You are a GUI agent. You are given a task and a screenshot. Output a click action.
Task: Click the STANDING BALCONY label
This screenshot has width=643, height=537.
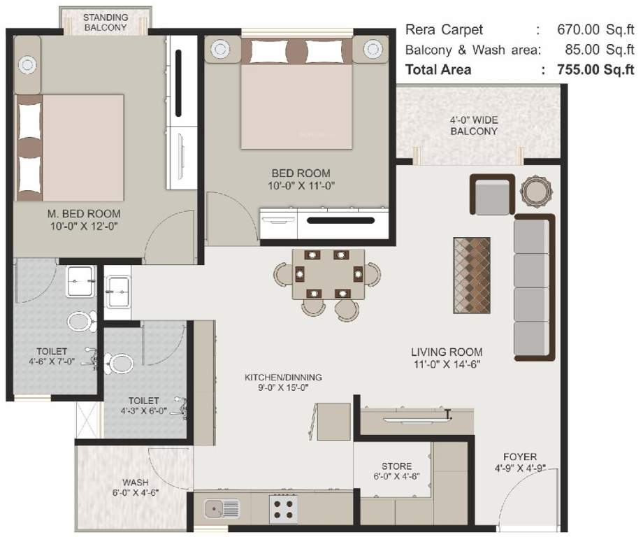click(105, 22)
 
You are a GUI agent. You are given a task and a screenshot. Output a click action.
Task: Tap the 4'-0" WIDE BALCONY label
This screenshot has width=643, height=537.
click(473, 125)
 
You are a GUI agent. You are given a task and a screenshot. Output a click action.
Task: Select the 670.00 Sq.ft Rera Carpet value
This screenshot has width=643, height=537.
click(595, 30)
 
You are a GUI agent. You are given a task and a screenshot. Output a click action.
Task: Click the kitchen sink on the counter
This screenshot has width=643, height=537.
click(222, 509)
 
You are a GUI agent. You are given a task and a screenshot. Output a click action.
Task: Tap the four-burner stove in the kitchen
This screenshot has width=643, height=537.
click(284, 508)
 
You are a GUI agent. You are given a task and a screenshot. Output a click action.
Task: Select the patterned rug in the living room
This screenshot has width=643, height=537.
click(472, 274)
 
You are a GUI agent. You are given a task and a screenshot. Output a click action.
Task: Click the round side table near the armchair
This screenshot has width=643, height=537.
click(536, 190)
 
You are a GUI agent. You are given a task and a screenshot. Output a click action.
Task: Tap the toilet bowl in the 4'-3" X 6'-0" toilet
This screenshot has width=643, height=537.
click(121, 364)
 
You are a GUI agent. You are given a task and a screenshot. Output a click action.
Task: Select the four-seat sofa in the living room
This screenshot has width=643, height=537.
click(534, 287)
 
